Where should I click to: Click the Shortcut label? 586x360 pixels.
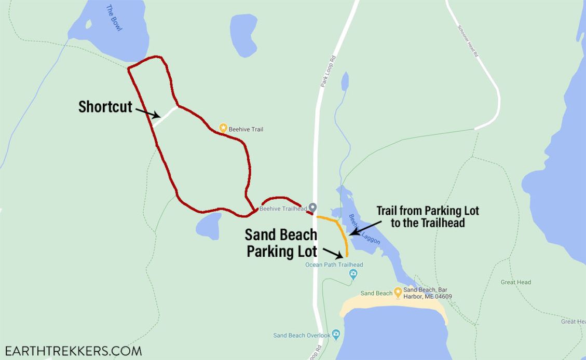point(105,107)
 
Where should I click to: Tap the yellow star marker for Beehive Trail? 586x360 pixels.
point(223,127)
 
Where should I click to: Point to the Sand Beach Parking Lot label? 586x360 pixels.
point(281,243)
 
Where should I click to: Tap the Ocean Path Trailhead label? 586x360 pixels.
point(334,265)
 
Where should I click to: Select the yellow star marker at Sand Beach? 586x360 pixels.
point(398,292)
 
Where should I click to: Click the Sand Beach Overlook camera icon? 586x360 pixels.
point(336,334)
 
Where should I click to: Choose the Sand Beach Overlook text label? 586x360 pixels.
point(302,336)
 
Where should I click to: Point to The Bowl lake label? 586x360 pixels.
point(114,18)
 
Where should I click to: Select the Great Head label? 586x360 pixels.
point(515,282)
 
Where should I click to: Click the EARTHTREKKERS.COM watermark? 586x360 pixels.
point(71,350)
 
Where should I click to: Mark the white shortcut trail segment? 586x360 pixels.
point(165,116)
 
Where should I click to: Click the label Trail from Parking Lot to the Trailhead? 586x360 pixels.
point(427,216)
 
